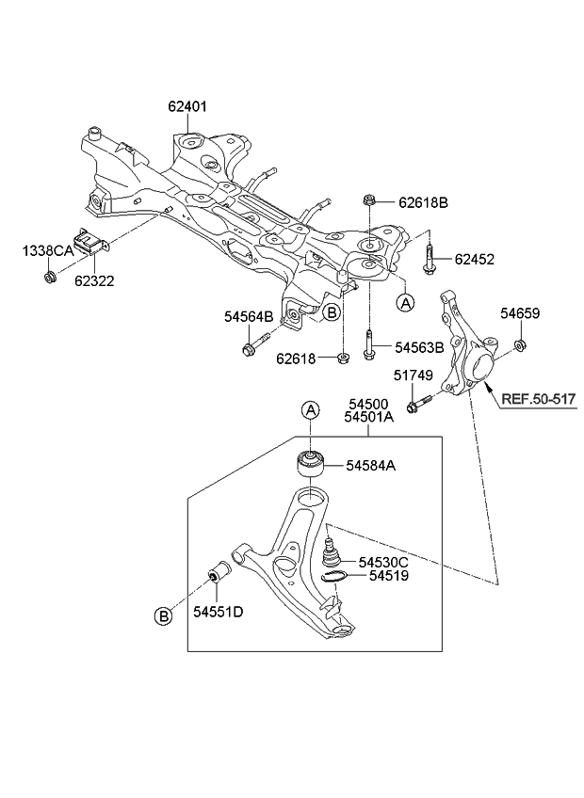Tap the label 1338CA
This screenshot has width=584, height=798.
46,250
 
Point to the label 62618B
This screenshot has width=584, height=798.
423,202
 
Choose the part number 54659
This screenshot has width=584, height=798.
519,313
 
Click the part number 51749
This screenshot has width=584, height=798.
413,375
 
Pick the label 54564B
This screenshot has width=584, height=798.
249,316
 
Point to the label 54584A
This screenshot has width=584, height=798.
370,464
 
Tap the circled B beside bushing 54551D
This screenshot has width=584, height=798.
163,617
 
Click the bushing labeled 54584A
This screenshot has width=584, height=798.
310,464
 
